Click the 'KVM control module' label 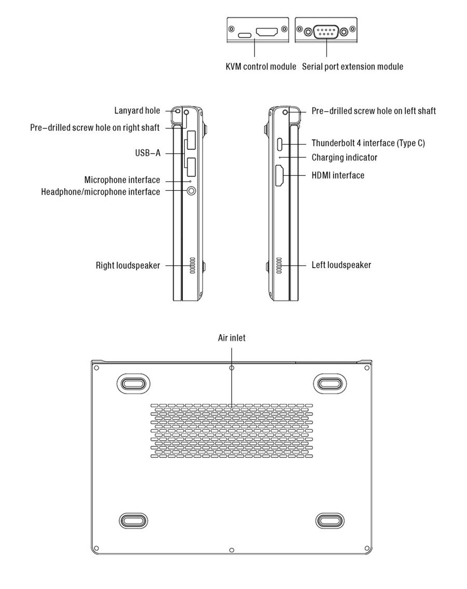[261, 67]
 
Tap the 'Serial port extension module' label [353, 67]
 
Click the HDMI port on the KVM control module [267, 32]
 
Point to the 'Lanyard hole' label [137, 111]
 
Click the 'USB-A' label [148, 153]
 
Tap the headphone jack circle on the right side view [191, 191]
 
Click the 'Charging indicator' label [344, 158]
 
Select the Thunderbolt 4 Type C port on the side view [280, 144]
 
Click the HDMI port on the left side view [279, 175]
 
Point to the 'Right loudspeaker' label [127, 266]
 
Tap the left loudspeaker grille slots [279, 265]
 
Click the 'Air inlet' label [232, 338]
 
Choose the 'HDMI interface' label [338, 175]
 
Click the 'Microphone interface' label [122, 180]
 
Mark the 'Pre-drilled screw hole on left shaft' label [374, 111]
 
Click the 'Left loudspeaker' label [341, 265]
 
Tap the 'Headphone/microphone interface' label [100, 192]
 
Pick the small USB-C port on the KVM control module [245, 35]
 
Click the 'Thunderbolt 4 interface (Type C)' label [368, 143]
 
